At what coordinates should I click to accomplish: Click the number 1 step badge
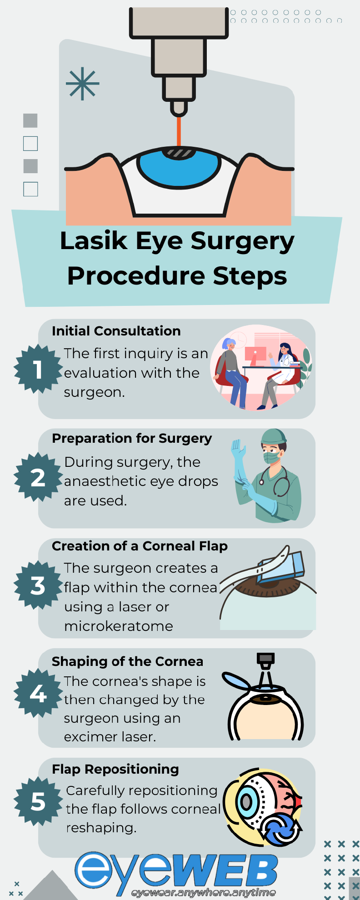tap(38, 369)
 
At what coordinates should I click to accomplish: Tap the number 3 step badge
tap(38, 585)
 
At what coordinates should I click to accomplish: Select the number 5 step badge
tap(38, 801)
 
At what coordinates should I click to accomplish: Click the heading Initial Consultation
tap(116, 331)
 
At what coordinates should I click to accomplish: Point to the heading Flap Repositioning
tap(115, 769)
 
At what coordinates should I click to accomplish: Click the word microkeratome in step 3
tap(119, 626)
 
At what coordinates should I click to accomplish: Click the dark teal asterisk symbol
tap(82, 84)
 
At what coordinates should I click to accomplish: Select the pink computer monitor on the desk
tap(255, 354)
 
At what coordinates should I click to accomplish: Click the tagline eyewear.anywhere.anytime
tap(204, 893)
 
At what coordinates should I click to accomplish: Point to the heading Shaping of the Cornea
tap(127, 661)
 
